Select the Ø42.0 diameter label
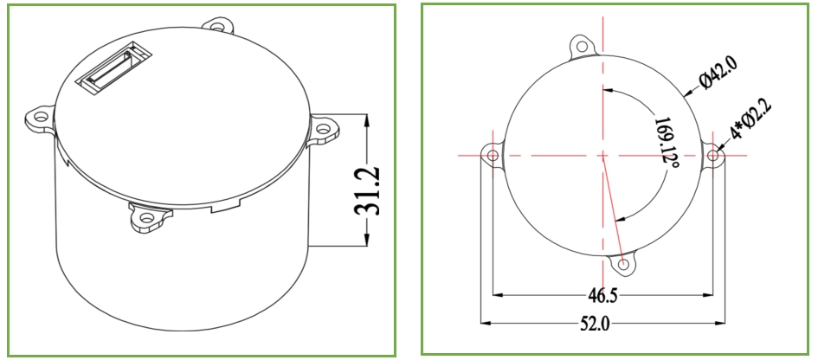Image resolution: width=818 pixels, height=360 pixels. pos(718,73)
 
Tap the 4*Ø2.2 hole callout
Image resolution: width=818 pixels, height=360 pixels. pos(751,119)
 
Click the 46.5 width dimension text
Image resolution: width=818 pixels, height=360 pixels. pos(602,296)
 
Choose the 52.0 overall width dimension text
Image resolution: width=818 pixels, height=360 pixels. pos(595,324)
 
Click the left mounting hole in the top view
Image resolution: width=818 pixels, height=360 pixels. pos(492,155)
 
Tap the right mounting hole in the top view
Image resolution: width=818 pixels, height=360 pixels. pos(713,155)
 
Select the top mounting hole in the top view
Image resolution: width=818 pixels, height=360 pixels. pos(581,46)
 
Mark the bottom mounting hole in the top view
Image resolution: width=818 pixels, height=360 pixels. pos(623,265)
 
